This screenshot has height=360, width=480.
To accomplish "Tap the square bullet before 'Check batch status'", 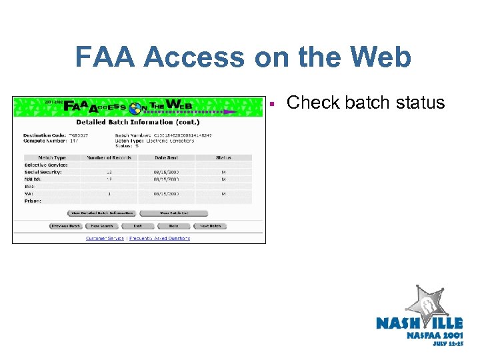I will coord(273,104).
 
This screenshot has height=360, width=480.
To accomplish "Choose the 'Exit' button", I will coord(137,226).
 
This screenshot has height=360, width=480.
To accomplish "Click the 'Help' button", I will coord(174,226).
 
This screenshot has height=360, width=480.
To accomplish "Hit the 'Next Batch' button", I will coord(211,226).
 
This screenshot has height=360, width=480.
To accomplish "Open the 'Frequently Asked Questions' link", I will coord(160,238).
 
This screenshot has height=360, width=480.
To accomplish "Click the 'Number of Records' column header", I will coord(109,158).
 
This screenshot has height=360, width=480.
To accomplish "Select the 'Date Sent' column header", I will coord(166,158).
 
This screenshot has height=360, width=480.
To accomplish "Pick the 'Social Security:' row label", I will coord(43,172).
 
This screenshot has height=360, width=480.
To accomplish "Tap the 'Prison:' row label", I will coord(33,201).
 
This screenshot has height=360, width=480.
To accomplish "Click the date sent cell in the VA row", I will coord(167,194).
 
